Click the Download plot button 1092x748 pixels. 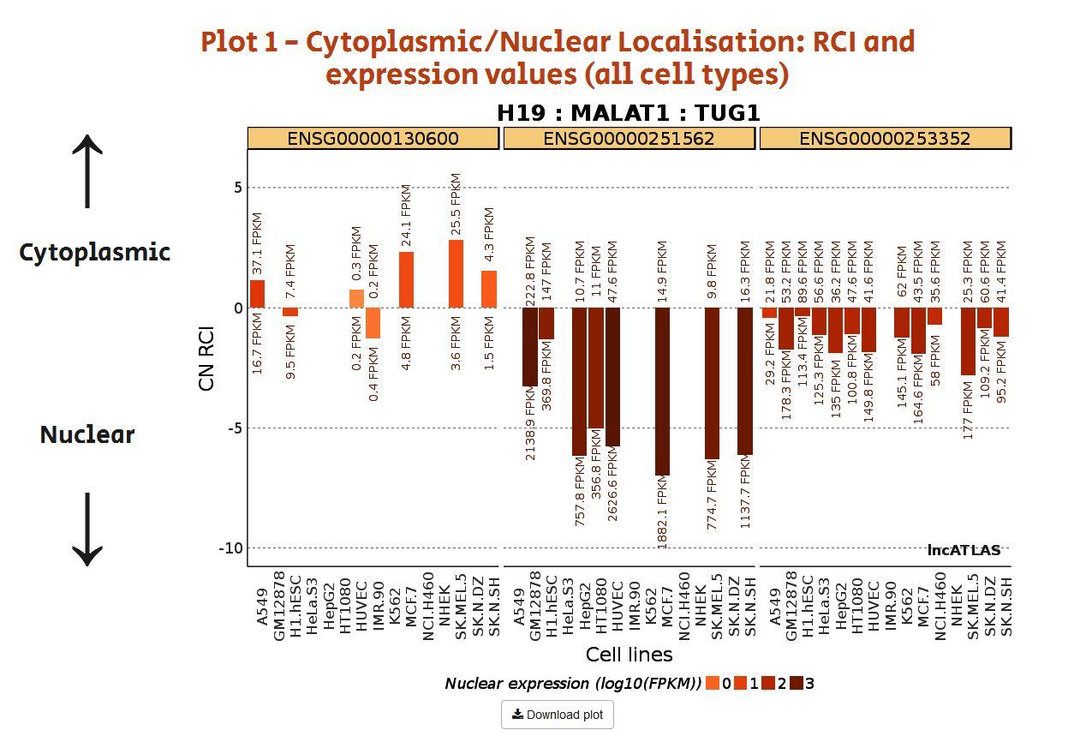point(557,715)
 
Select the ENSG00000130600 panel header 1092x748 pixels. point(373,138)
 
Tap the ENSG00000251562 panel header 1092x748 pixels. point(629,138)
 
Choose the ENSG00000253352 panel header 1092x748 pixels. point(885,138)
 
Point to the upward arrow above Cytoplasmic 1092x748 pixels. point(87,171)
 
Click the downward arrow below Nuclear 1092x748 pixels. point(87,529)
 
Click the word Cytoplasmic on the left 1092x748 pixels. point(94,252)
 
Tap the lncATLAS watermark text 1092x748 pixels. point(964,550)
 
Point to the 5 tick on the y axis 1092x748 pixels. point(237,188)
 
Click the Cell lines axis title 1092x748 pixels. point(629,655)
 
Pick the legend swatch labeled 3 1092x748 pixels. point(796,683)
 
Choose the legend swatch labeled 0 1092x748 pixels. point(713,683)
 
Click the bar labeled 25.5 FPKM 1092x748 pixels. point(456,273)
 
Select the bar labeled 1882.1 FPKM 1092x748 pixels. point(662,391)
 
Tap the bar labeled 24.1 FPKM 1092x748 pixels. point(406,279)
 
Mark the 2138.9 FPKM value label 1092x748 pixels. point(530,423)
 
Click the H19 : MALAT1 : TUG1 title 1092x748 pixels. point(628,113)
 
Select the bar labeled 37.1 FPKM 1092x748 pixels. point(257,294)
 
